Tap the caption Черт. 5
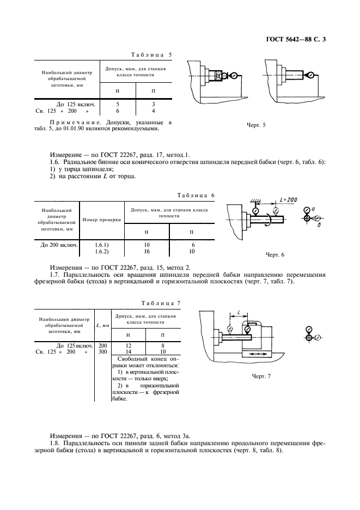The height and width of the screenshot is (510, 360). (256, 125)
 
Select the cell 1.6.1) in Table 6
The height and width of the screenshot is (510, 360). (102, 246)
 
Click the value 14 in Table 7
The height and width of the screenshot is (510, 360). (128, 352)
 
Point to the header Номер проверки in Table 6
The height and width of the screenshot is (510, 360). (101, 220)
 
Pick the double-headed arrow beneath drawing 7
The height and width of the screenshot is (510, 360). (254, 354)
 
